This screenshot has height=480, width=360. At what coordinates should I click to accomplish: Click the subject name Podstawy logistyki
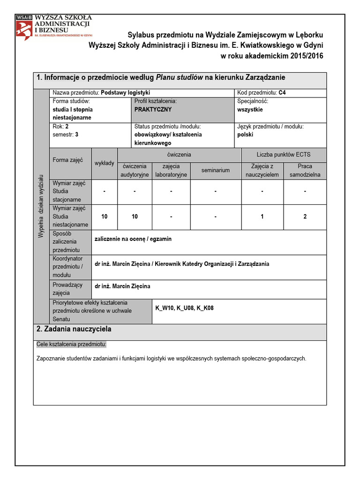(x=125, y=93)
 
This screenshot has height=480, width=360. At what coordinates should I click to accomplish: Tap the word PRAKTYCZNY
(x=153, y=109)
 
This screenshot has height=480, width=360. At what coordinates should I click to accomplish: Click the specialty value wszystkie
(x=250, y=109)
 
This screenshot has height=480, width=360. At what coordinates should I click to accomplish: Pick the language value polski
(x=246, y=134)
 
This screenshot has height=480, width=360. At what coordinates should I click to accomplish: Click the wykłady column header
(x=105, y=163)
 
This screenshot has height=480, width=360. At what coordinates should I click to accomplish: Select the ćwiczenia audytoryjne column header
(x=135, y=171)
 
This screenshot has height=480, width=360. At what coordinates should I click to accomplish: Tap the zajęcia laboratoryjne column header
(x=171, y=171)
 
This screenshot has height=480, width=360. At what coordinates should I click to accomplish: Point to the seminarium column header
(x=216, y=170)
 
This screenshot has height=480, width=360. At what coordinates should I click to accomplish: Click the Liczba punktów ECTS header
(x=284, y=154)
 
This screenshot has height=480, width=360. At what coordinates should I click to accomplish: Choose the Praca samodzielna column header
(x=305, y=171)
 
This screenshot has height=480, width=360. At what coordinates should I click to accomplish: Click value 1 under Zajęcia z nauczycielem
(x=262, y=217)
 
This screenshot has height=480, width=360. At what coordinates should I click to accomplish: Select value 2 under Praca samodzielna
(x=305, y=217)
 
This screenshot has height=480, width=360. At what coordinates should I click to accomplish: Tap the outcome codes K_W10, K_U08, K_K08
(x=184, y=308)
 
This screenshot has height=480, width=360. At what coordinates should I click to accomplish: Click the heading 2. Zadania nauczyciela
(x=74, y=330)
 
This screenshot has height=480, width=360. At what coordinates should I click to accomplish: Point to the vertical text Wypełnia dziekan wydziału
(x=41, y=206)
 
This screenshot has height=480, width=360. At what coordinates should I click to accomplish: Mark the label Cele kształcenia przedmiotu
(x=72, y=345)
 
